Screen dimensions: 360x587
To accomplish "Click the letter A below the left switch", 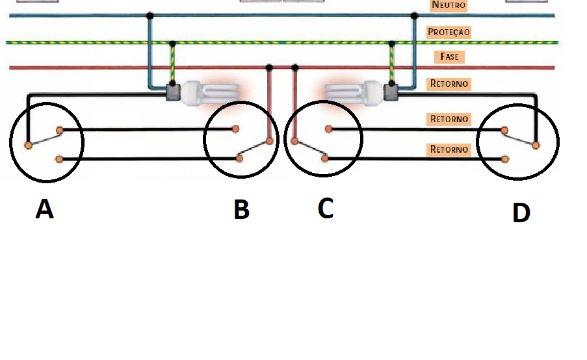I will [44, 209].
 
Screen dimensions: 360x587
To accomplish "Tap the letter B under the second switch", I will [241, 210].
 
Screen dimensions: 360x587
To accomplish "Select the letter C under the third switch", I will [326, 208].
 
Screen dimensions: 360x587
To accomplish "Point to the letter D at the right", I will [521, 212].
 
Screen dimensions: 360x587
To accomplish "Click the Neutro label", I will [449, 5].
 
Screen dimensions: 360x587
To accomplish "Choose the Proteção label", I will [449, 31].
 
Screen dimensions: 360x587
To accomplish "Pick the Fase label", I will [449, 57].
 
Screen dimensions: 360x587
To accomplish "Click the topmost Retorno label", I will [449, 84].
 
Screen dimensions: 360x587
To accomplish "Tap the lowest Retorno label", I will [449, 149].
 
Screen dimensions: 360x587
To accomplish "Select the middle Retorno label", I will [449, 119].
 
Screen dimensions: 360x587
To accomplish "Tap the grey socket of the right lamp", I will [391, 92].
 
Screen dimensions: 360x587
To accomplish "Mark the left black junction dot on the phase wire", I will [269, 67].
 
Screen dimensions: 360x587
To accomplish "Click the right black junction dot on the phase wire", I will [295, 67].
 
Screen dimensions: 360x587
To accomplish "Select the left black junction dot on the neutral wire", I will [150, 15].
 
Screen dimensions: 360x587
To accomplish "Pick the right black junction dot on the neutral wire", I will [415, 15].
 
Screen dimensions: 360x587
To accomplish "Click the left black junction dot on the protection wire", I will [172, 43].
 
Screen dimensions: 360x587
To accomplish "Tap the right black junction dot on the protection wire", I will [392, 43].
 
